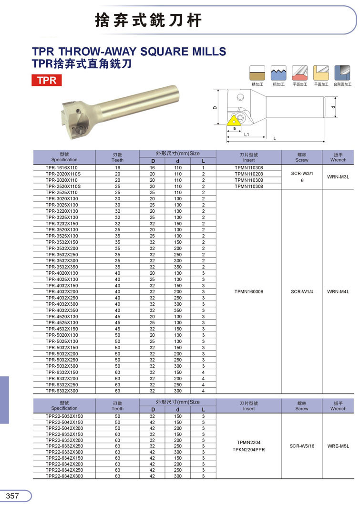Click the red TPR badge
47,80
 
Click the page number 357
13,496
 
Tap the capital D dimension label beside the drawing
215,108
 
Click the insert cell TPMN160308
249,291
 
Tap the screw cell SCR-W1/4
302,291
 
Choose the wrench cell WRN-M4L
338,291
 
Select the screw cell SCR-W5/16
302,446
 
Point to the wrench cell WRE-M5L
338,446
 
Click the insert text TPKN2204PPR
249,450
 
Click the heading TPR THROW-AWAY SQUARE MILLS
129,51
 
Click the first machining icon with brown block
257,73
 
